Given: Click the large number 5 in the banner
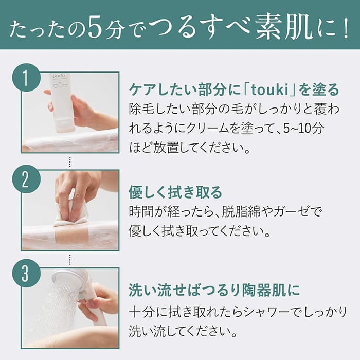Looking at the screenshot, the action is point(94,28).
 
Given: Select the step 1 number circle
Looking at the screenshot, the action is point(26,78).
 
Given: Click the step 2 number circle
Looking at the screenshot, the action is point(26,179).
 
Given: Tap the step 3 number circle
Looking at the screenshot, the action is point(26,273).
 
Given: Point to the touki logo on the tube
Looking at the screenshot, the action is point(59,76).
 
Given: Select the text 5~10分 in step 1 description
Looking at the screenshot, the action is point(304,129).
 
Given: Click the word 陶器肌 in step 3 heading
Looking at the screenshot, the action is point(264,290).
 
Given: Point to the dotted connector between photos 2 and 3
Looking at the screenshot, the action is point(70,260).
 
